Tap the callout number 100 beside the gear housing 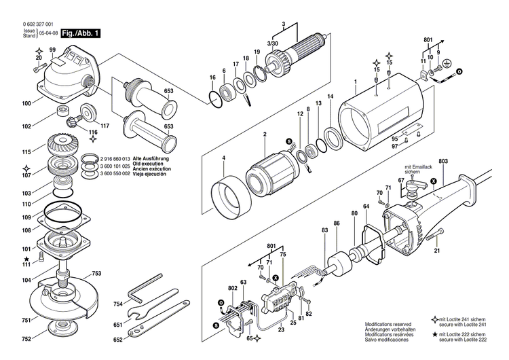pos(26,104)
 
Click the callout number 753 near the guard pos(96,273)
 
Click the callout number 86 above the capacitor pos(336,223)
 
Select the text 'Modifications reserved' pos(388,325)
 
